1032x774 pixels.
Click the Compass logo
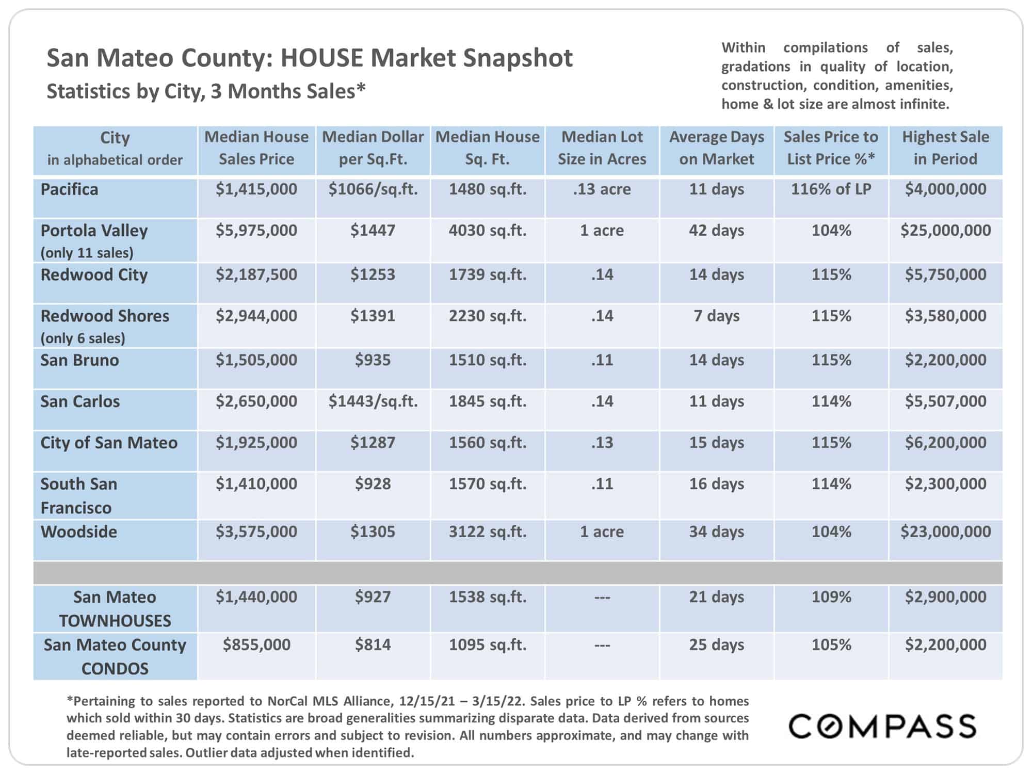(x=882, y=726)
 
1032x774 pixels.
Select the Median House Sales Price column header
(x=256, y=148)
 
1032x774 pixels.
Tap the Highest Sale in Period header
(x=945, y=148)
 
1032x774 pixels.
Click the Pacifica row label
(x=69, y=189)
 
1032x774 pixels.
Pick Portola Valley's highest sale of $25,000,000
(x=945, y=230)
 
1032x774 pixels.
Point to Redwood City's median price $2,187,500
(x=256, y=275)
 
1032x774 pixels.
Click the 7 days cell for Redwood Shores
(x=716, y=316)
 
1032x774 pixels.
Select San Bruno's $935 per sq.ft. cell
(x=373, y=360)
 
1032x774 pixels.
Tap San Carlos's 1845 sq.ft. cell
(x=488, y=401)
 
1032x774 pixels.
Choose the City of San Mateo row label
(x=109, y=443)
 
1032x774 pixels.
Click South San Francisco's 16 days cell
(x=716, y=484)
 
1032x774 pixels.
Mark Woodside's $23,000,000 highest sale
(x=945, y=532)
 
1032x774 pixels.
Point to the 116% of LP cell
(x=831, y=189)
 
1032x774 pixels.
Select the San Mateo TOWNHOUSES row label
(x=115, y=609)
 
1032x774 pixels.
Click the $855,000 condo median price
(x=256, y=645)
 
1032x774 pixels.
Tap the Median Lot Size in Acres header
(x=602, y=148)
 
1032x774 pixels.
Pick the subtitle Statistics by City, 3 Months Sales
(x=206, y=91)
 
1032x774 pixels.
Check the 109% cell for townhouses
(x=831, y=597)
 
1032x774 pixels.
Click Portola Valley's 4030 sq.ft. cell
(x=488, y=230)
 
